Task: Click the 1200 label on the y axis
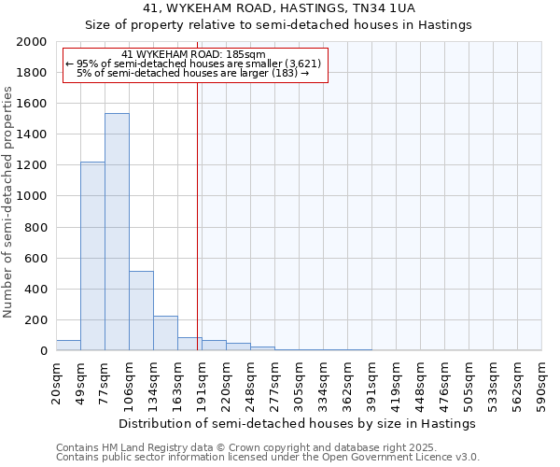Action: pos(33,165)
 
